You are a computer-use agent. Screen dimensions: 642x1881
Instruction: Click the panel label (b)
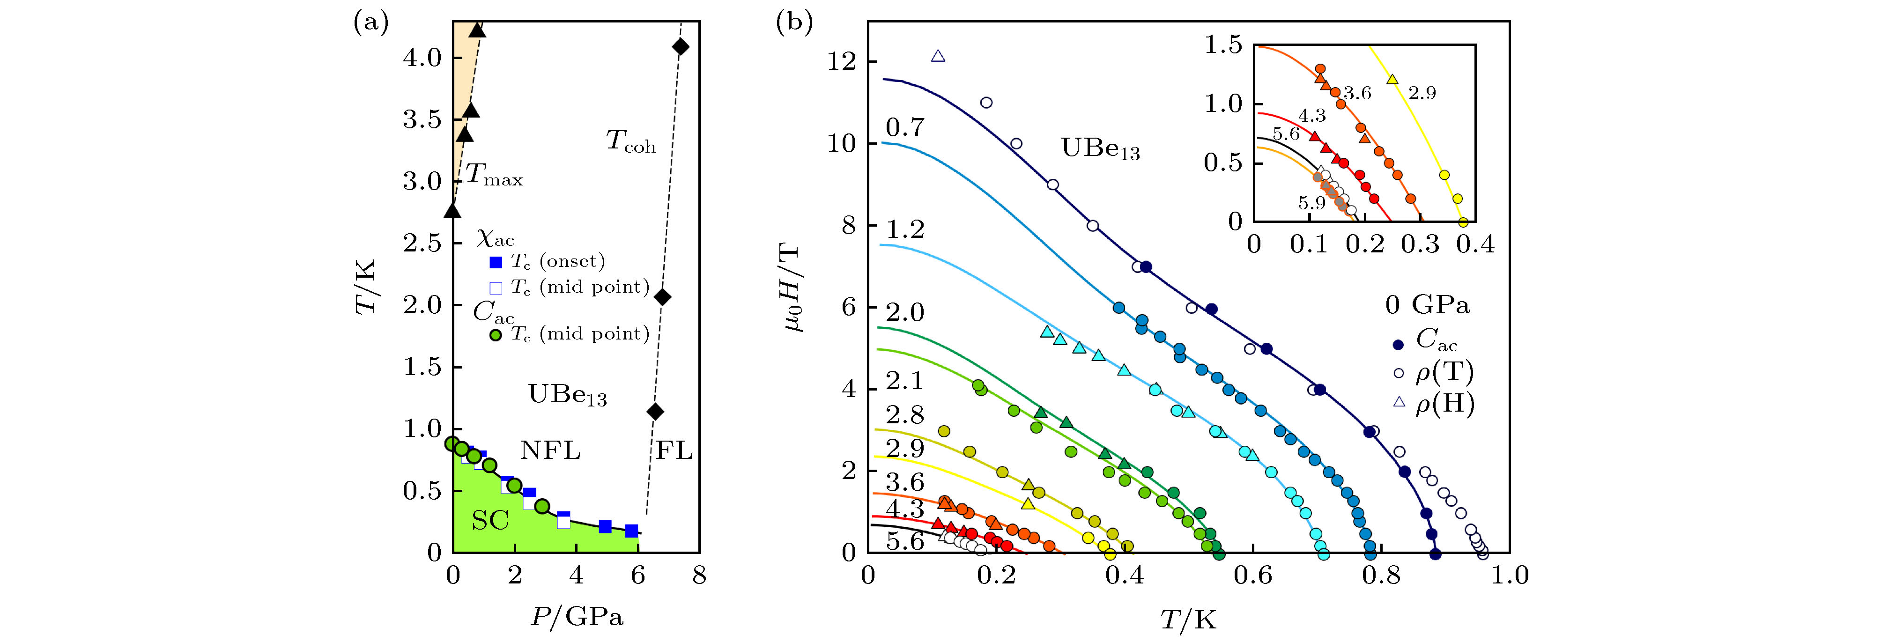point(794,23)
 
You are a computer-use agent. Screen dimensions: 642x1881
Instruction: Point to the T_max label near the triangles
point(494,175)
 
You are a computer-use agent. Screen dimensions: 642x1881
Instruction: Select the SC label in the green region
point(490,520)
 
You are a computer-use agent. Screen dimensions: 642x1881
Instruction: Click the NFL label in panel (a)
point(550,450)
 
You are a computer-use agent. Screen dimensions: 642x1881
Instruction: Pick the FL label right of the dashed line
point(673,450)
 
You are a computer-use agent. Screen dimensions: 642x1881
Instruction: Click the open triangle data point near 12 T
point(938,56)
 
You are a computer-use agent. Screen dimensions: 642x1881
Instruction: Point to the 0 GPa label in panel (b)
point(1428,304)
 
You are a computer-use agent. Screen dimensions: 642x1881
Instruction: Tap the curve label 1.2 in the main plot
point(905,230)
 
